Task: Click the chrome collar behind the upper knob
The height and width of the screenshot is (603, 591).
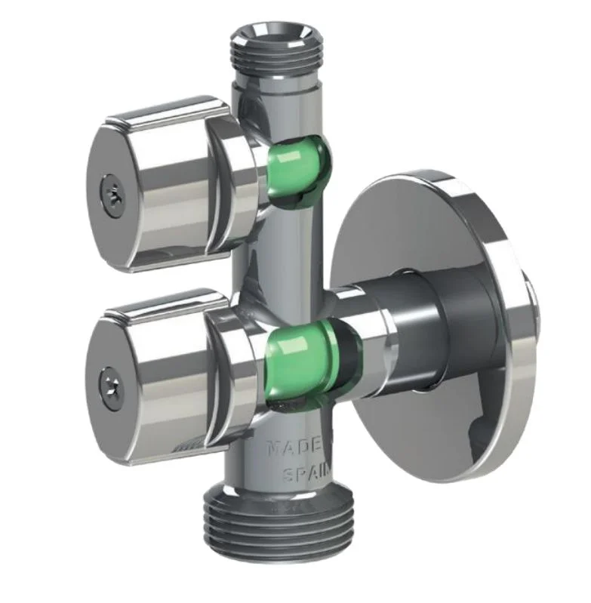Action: tap(234, 181)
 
